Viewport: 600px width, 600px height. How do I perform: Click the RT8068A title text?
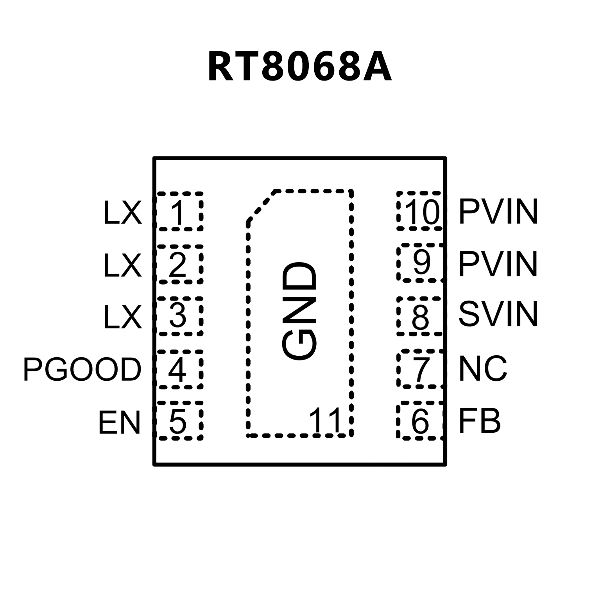(299, 67)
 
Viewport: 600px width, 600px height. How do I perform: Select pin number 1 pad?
(179, 211)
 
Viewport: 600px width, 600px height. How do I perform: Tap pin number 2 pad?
(179, 264)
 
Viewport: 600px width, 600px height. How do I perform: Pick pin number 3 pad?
(179, 316)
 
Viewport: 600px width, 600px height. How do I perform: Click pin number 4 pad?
(179, 369)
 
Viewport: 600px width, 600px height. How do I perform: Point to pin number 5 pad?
(179, 421)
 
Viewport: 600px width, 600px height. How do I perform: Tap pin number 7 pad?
(420, 369)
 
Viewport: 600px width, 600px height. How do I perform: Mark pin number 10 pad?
(420, 211)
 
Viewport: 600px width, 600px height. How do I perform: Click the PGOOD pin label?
(82, 369)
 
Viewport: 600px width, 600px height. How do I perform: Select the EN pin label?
(119, 422)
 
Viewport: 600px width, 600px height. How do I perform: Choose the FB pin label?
(480, 421)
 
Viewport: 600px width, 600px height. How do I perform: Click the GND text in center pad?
(299, 311)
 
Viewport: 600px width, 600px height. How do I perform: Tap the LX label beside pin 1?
(122, 213)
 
